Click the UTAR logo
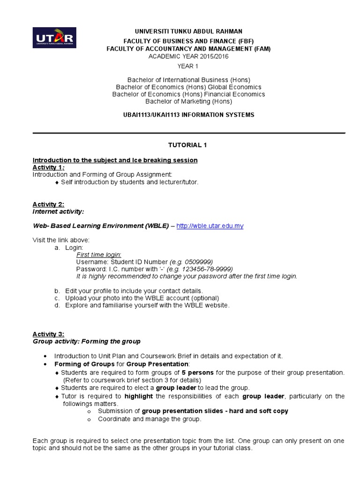tap(54, 37)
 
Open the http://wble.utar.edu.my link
tap(210, 226)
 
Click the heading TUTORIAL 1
tap(188, 145)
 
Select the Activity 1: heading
tap(48, 167)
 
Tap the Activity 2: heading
tap(48, 204)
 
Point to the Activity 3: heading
tap(48, 334)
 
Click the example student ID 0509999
tap(201, 262)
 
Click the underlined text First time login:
tap(98, 255)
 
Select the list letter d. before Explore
tap(57, 305)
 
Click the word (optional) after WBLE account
tap(202, 298)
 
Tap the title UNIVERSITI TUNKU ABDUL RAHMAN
tap(188, 31)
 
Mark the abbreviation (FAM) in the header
tap(260, 48)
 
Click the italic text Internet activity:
tap(58, 212)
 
